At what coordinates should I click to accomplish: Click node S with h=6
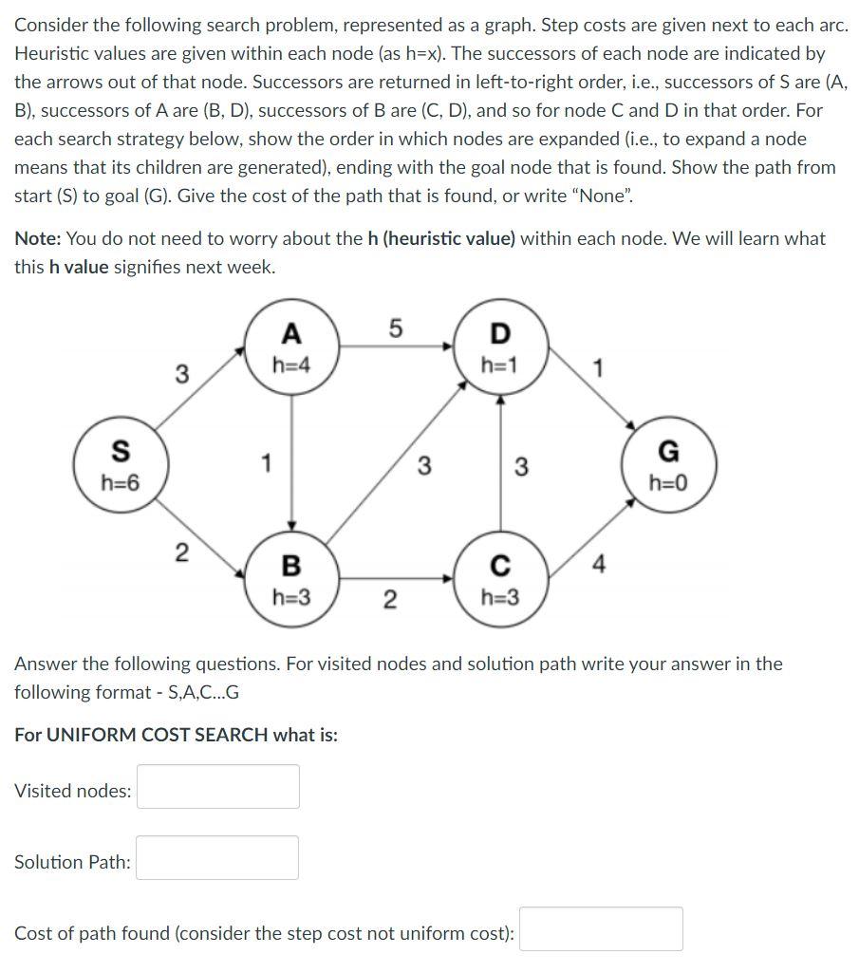pyautogui.click(x=120, y=464)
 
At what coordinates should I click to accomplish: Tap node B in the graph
pyautogui.click(x=291, y=580)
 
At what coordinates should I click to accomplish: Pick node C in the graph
pyautogui.click(x=500, y=580)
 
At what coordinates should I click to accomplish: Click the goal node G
pyautogui.click(x=668, y=464)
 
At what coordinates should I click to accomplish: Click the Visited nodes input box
pyautogui.click(x=218, y=787)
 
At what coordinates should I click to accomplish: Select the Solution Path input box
pyautogui.click(x=217, y=858)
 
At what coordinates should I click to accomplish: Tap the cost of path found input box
pyautogui.click(x=601, y=929)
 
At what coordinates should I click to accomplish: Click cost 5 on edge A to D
pyautogui.click(x=396, y=328)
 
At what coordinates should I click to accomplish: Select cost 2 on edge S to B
pyautogui.click(x=181, y=552)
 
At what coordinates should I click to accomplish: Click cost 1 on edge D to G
pyautogui.click(x=596, y=368)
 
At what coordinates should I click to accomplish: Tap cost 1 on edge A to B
pyautogui.click(x=267, y=464)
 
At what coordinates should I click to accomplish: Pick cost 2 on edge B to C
pyautogui.click(x=389, y=600)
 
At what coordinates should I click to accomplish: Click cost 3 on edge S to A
pyautogui.click(x=181, y=374)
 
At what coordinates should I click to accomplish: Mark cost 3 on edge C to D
pyautogui.click(x=520, y=466)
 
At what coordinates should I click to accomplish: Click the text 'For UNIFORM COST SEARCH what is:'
pyautogui.click(x=176, y=735)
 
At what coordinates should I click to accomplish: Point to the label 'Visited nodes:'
pyautogui.click(x=73, y=790)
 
